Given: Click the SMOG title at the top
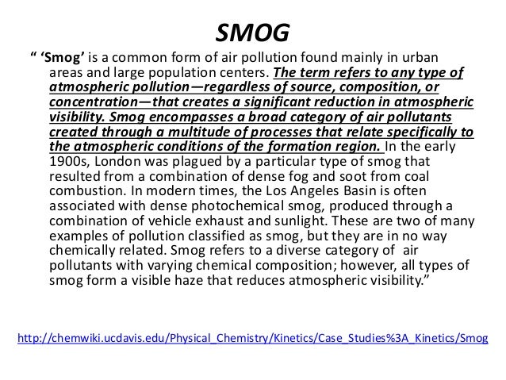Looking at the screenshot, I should click(252, 33).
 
